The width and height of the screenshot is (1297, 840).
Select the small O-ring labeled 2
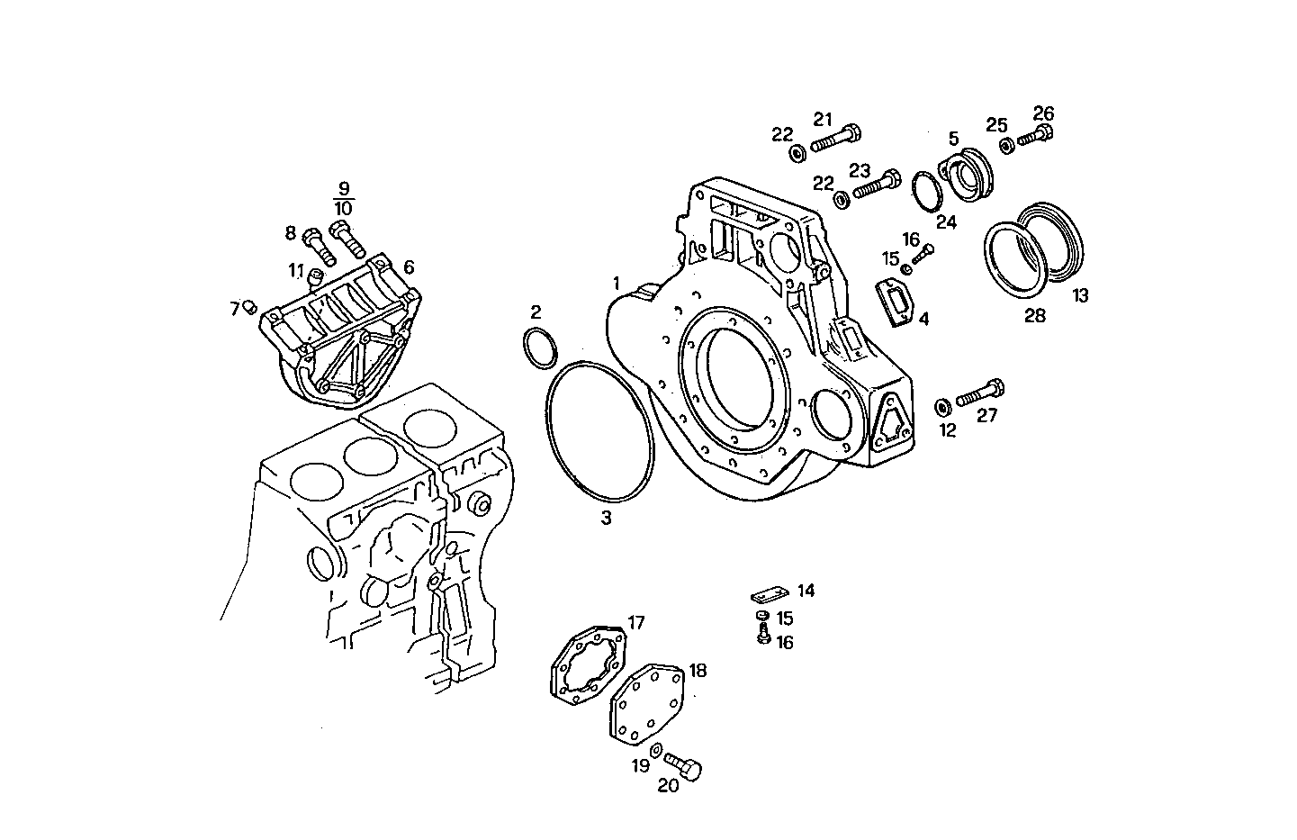(539, 349)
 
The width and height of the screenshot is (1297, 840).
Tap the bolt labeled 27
(980, 393)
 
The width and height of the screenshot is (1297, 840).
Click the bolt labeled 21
(836, 139)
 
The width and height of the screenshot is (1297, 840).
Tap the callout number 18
(698, 670)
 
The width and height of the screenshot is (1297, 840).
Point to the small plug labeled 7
(250, 309)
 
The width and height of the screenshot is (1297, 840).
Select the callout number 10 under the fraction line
(342, 208)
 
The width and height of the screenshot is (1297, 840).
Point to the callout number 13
(1079, 295)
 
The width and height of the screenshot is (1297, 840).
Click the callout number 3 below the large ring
(607, 518)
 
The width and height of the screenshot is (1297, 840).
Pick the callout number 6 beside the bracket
(409, 266)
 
